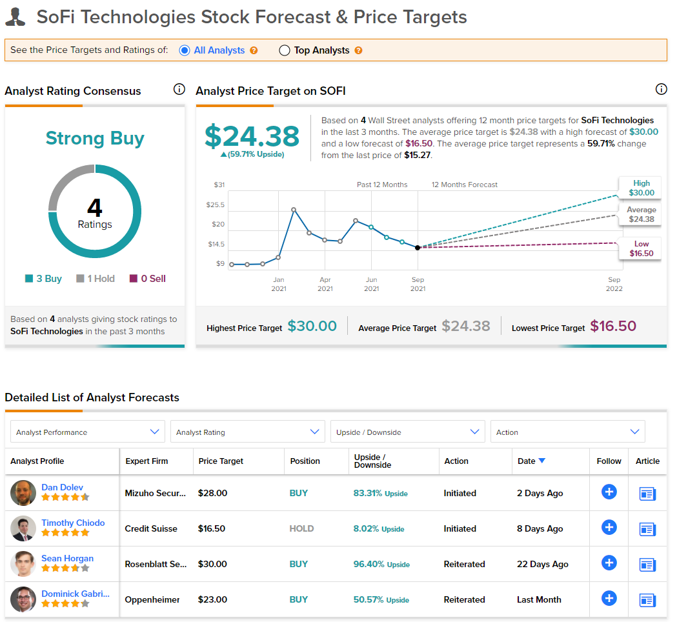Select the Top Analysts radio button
coord(284,50)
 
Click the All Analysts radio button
coord(185,50)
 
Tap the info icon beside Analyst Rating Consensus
coord(179,89)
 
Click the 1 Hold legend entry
coord(96,278)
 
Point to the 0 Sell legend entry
coord(148,278)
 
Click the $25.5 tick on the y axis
coord(216,205)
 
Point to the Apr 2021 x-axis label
coord(325,284)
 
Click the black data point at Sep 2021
coord(418,248)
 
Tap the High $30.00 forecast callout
coord(641,188)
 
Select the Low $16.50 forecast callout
coord(641,248)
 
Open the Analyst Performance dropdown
coord(88,432)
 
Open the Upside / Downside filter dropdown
coord(408,432)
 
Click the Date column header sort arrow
coord(542,461)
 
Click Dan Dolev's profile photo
coord(23,493)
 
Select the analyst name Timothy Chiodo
coord(73,523)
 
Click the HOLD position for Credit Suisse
coord(301,528)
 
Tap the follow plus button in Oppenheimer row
coord(609,598)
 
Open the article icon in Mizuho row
coord(647,494)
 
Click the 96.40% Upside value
coord(381,564)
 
